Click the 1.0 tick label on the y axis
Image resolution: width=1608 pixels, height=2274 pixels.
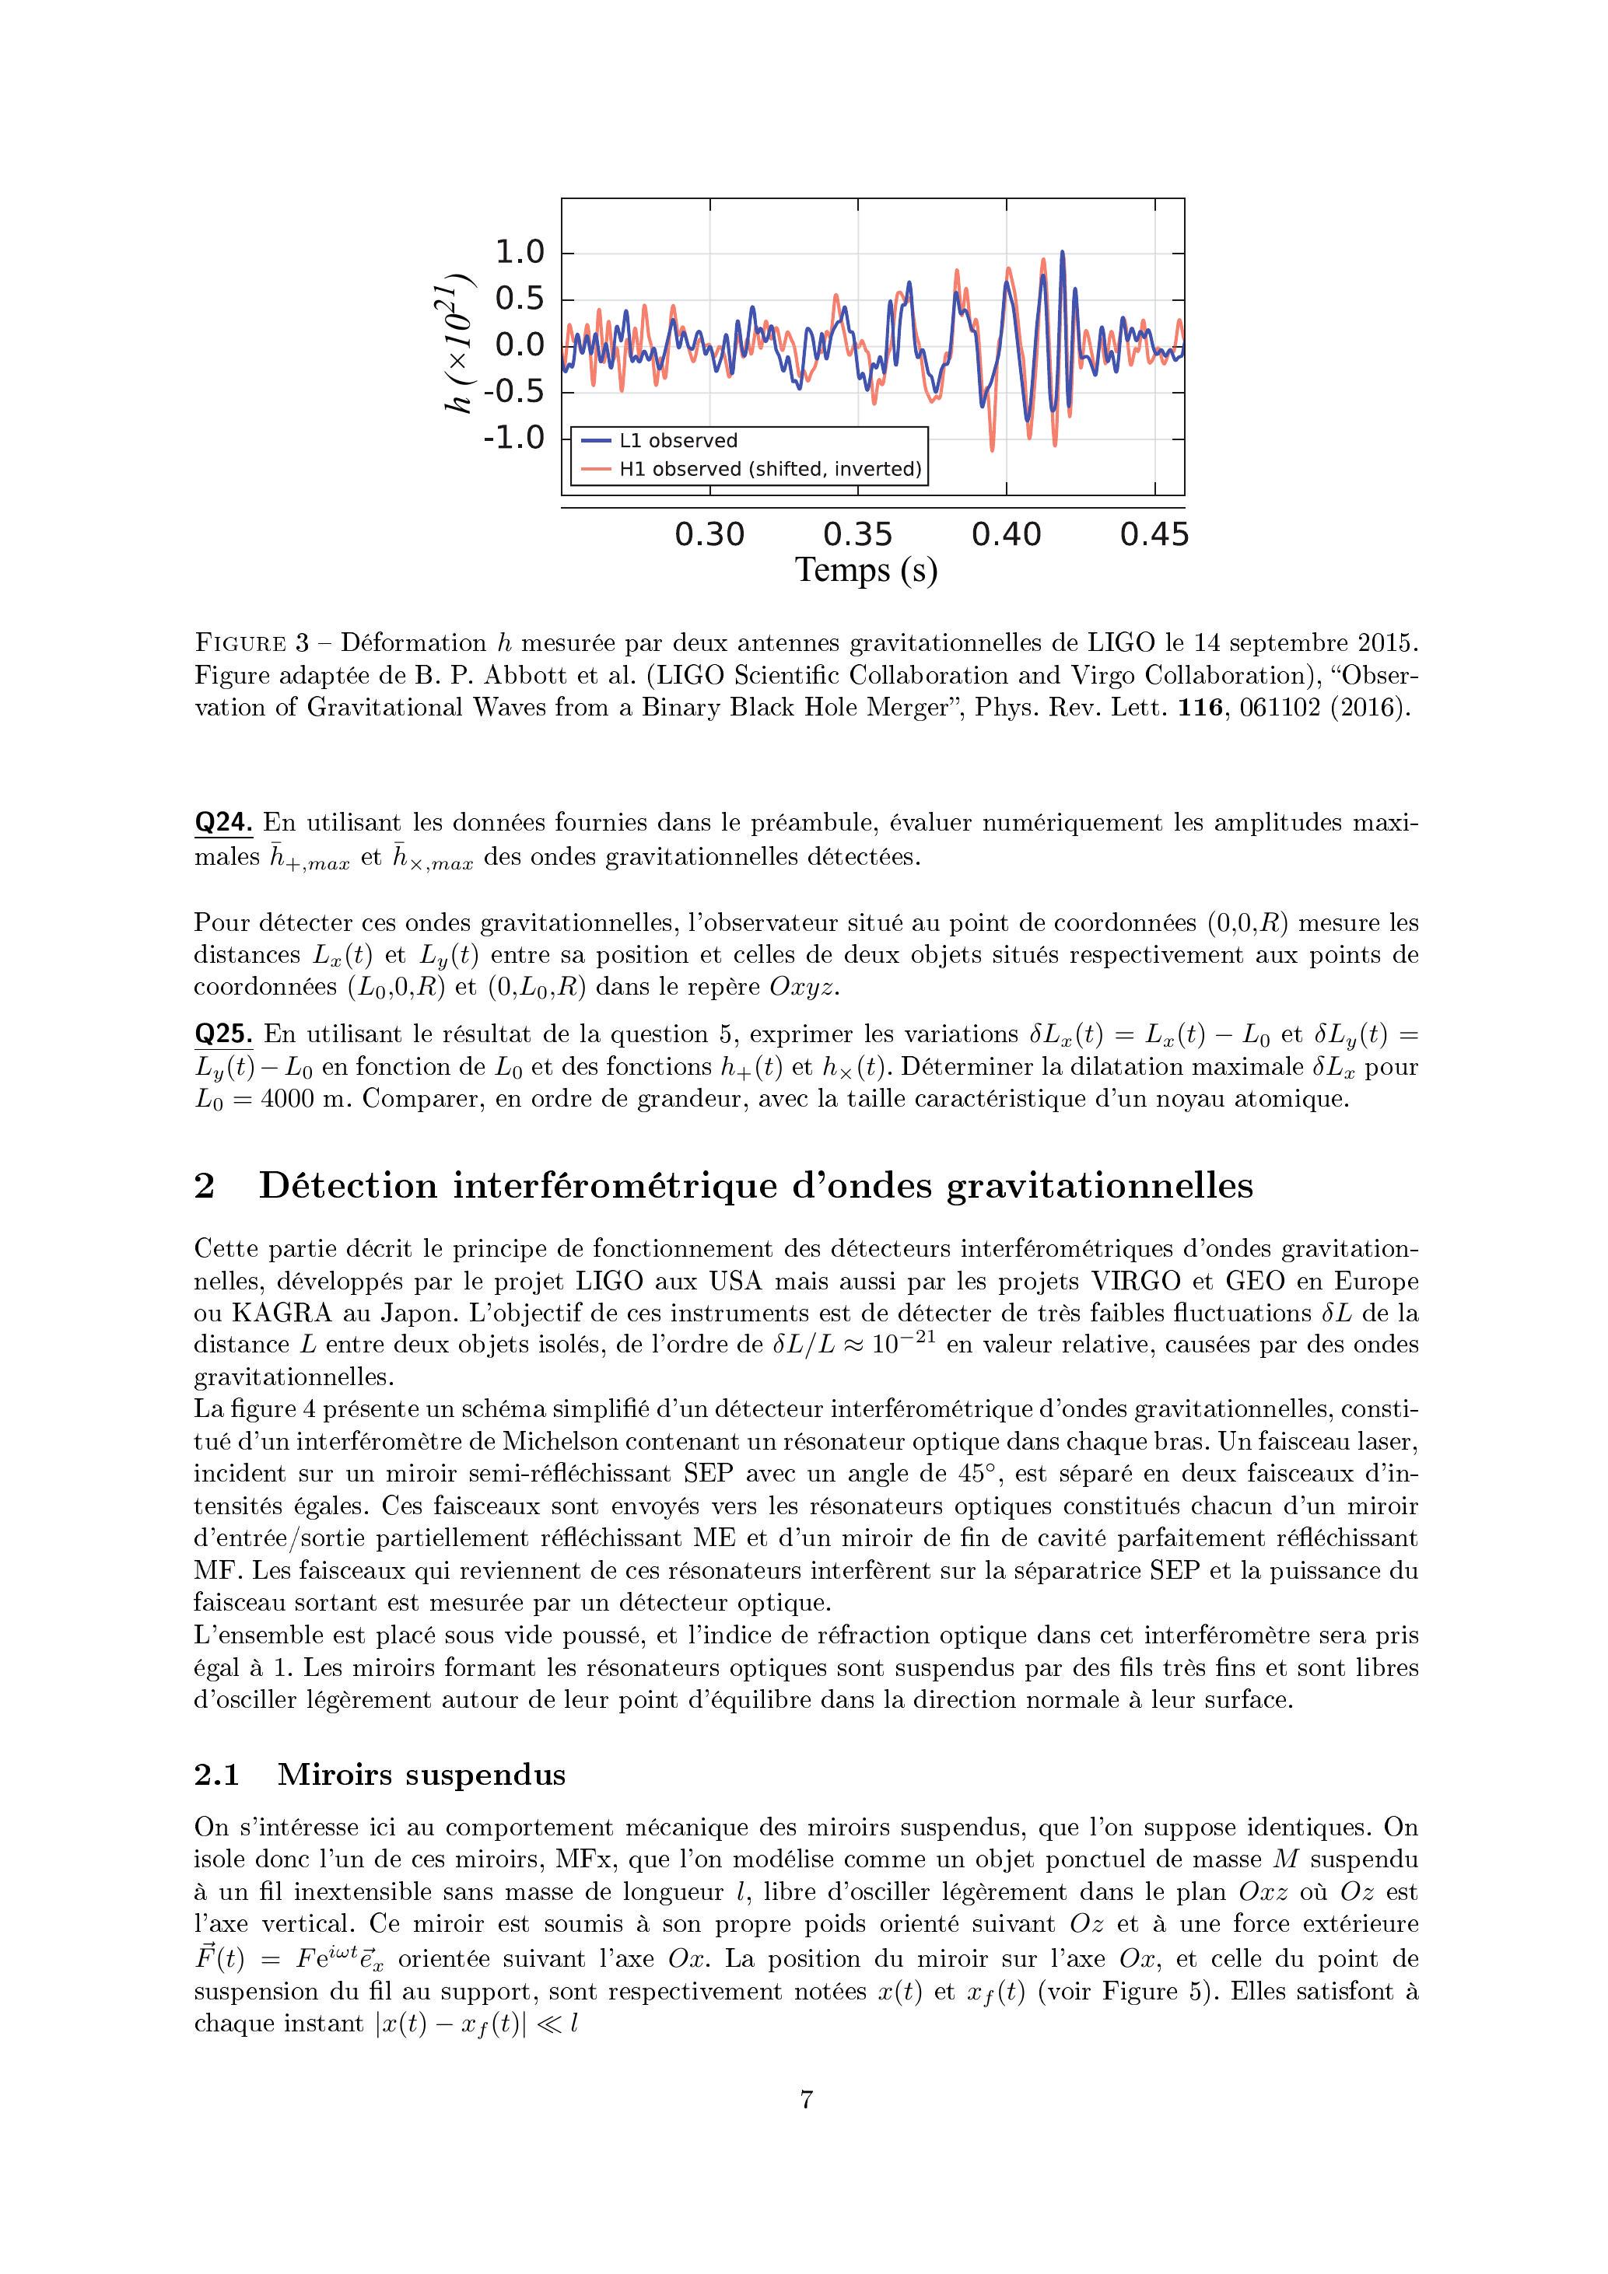(x=520, y=253)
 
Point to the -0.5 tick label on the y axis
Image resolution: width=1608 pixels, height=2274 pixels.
(x=514, y=391)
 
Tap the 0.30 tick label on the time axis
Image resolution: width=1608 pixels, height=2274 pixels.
(x=709, y=535)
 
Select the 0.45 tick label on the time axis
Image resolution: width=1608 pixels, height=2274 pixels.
(x=1154, y=535)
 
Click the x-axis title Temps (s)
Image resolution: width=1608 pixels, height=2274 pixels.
(x=866, y=571)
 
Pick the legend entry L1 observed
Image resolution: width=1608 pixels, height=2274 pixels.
(x=678, y=441)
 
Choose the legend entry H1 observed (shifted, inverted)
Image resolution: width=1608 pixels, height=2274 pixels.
(x=770, y=468)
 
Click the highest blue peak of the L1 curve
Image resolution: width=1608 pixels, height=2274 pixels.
(x=1063, y=253)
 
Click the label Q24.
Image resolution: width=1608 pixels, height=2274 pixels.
(x=223, y=823)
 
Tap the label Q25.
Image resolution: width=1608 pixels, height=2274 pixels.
(x=223, y=1035)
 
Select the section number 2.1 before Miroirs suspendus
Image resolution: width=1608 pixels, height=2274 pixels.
(x=217, y=1775)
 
